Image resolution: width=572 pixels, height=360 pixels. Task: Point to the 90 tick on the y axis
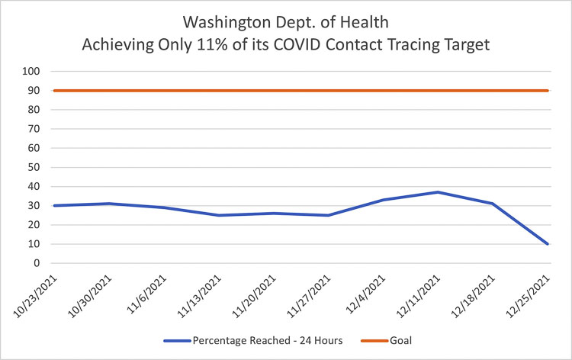(34, 91)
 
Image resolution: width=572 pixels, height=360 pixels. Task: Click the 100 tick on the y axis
(31, 72)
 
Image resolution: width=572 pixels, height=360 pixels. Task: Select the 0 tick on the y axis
(37, 263)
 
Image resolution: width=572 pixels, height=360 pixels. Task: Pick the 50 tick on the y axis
(34, 168)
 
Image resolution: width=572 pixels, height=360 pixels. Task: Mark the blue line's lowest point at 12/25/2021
(548, 244)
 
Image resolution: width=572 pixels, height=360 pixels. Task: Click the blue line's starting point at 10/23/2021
(53, 206)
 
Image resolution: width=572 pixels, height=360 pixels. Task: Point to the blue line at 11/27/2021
(328, 215)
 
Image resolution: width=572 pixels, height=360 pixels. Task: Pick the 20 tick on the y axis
(34, 225)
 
